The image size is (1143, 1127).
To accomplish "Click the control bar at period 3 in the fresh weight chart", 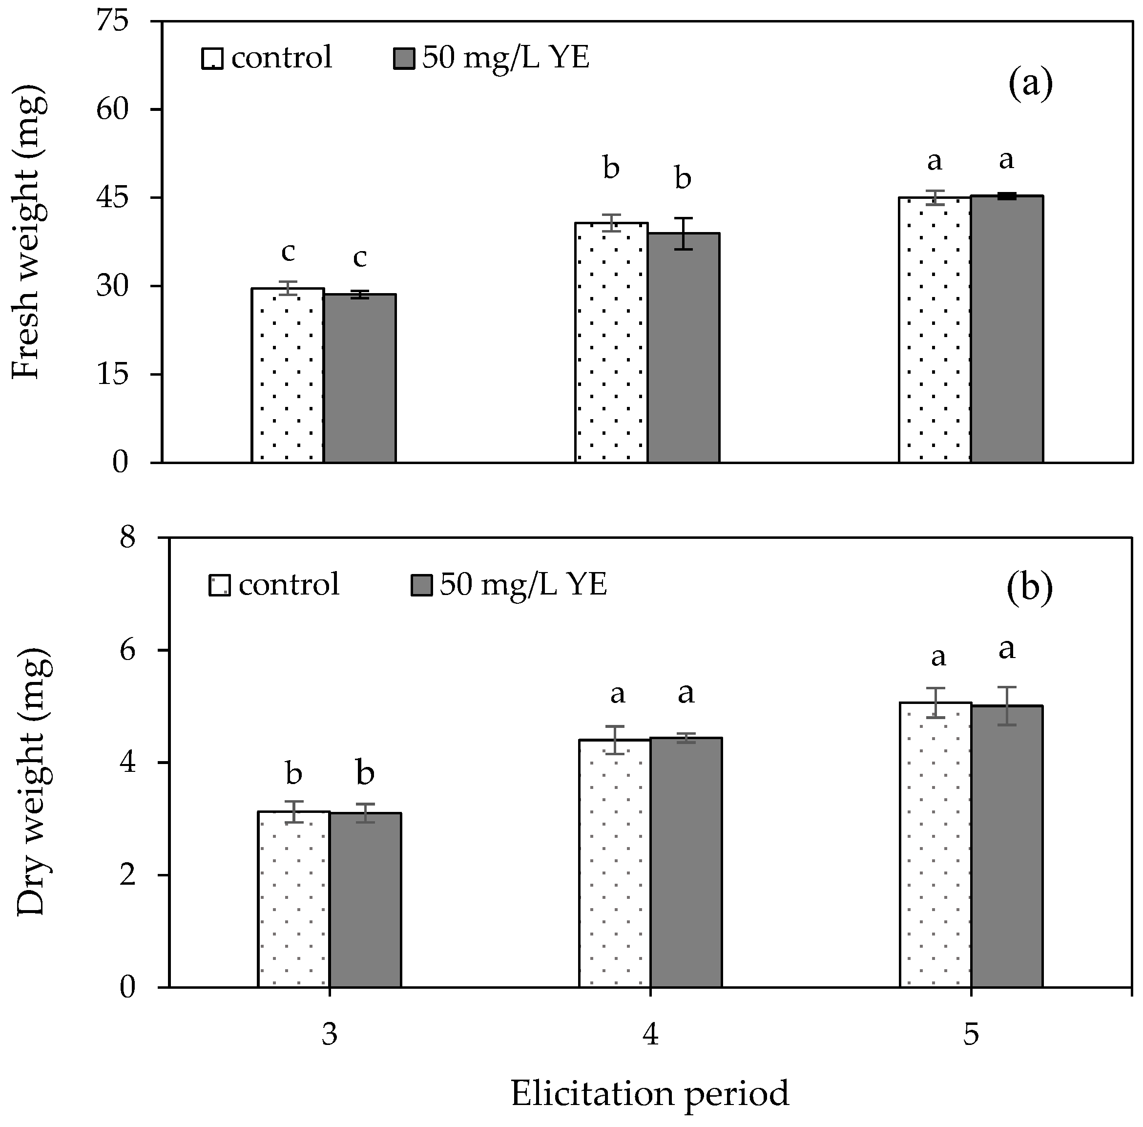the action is pos(288,375).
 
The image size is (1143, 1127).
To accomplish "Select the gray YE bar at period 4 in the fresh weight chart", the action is pos(684,347).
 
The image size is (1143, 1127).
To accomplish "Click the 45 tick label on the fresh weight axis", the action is pos(112,198).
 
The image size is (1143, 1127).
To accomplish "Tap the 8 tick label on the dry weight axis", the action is pos(127,538).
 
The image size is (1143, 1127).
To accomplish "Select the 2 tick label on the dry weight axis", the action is pos(127,875).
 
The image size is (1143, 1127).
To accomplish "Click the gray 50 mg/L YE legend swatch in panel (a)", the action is pos(405,59).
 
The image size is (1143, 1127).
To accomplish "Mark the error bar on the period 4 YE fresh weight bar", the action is pos(684,233).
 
